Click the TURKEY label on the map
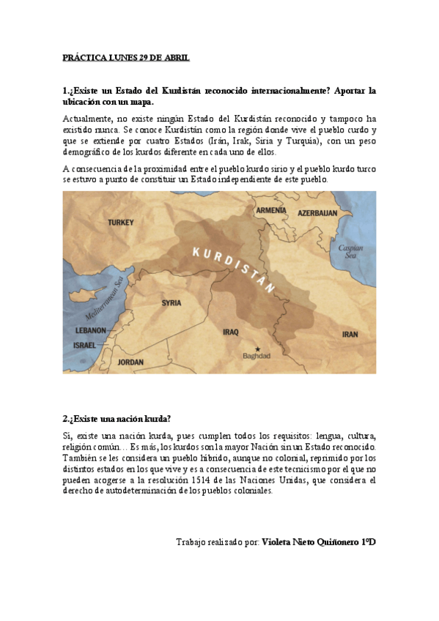[121, 222]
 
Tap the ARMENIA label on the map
[271, 210]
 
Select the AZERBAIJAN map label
[317, 213]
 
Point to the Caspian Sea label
[350, 251]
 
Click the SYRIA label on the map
[171, 302]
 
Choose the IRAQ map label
[230, 332]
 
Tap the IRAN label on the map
[350, 334]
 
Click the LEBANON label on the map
[89, 331]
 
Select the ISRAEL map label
[85, 343]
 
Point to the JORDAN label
[130, 362]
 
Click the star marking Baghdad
[257, 348]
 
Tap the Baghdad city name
[257, 357]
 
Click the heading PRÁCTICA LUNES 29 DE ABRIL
[126, 57]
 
